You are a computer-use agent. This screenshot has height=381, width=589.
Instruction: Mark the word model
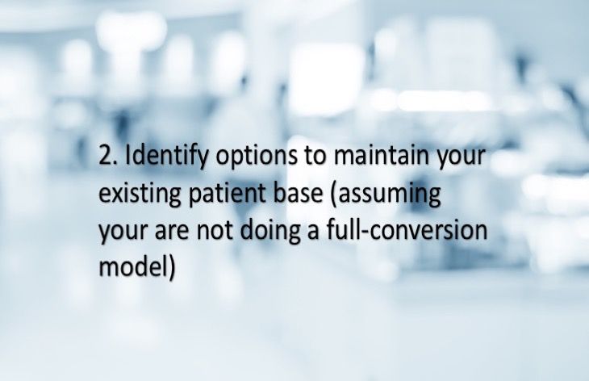[132, 268]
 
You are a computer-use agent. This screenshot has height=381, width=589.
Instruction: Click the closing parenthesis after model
[171, 269]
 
